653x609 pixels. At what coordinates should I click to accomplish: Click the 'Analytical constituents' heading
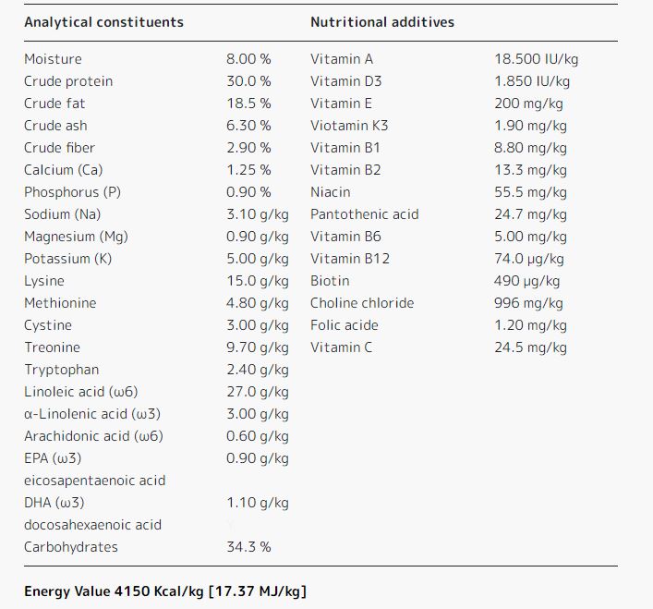point(103,22)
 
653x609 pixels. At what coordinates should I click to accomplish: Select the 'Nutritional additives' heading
point(382,22)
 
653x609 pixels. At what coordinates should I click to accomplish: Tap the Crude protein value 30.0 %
point(248,81)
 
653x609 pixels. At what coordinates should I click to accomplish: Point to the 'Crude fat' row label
point(54,104)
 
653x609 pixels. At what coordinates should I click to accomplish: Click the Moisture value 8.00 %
point(248,59)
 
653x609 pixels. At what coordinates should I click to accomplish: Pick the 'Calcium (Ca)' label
point(64,170)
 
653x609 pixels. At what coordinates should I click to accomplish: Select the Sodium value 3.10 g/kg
point(257,214)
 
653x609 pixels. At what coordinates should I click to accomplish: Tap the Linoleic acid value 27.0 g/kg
point(257,392)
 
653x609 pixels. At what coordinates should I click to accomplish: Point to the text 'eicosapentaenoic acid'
point(94,481)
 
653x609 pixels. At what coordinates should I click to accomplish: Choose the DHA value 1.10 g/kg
point(257,503)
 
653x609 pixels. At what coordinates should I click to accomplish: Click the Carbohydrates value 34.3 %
point(248,547)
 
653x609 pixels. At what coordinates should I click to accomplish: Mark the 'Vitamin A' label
point(342,59)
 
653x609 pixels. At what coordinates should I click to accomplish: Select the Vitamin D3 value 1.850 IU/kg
point(536,81)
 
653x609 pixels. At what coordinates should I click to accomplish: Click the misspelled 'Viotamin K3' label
point(349,126)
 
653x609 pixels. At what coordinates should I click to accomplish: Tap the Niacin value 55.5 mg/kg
point(530,192)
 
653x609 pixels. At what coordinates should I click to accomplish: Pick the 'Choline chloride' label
point(362,303)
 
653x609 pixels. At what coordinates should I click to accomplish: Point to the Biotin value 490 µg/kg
point(526,281)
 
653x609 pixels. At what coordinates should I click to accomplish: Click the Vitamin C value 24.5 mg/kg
point(530,347)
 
